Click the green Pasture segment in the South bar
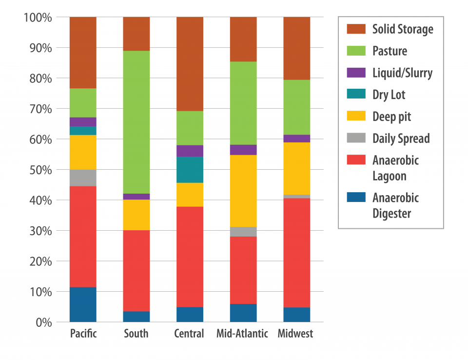136,122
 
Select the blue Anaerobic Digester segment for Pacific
83,304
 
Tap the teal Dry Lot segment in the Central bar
190,170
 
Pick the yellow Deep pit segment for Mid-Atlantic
243,191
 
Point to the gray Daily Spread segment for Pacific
83,178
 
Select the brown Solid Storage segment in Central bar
190,64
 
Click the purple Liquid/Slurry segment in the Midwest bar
296,139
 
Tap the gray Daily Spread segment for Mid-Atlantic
243,232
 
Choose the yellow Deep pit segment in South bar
136,215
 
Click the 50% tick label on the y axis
38,170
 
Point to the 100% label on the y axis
38,18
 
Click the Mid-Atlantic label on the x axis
243,334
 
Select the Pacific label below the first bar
83,334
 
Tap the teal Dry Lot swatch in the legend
355,95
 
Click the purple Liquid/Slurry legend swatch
355,73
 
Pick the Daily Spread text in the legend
401,139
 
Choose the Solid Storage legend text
403,29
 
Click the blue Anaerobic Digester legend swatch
355,198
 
